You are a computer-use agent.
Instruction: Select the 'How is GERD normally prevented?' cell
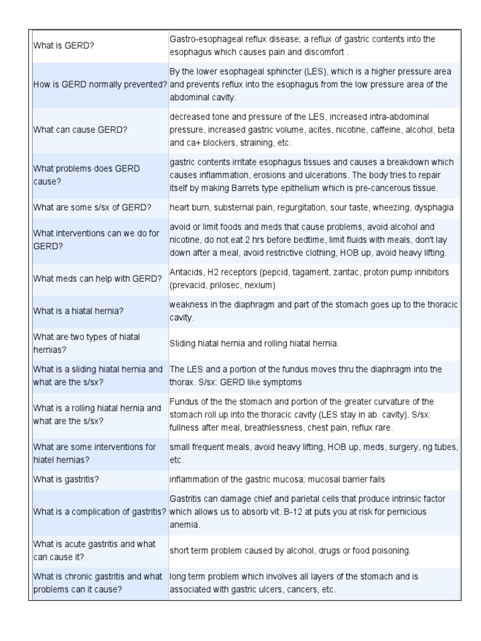tap(100, 85)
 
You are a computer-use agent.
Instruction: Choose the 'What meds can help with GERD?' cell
tap(98, 279)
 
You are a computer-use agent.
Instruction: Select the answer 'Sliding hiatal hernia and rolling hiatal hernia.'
tap(254, 344)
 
